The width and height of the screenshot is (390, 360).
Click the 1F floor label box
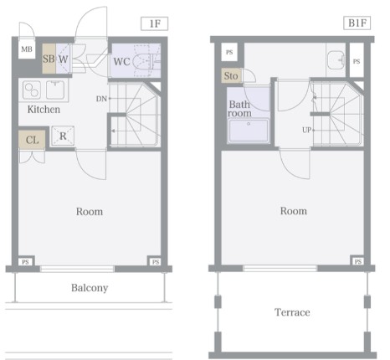154,23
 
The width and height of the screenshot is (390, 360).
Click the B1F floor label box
357,23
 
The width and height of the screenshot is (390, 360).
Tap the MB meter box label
27,49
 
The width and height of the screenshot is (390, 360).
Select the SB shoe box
49,59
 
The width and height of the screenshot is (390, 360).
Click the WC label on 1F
121,61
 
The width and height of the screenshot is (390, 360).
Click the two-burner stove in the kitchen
32,90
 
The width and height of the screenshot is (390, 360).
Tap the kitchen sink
55,90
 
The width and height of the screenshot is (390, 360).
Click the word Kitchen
44,109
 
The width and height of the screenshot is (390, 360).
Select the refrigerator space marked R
63,136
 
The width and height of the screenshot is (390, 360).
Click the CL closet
32,140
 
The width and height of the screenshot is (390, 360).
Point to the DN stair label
101,99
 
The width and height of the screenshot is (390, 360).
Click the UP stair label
306,130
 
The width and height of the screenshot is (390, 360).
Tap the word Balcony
90,288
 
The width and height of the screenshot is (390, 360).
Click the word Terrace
292,312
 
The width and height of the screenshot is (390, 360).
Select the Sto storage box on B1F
232,75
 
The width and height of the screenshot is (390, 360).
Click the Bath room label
239,109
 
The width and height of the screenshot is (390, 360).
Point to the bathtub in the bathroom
249,131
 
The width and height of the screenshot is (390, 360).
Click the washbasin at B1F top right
336,59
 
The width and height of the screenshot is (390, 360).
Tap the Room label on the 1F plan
90,212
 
